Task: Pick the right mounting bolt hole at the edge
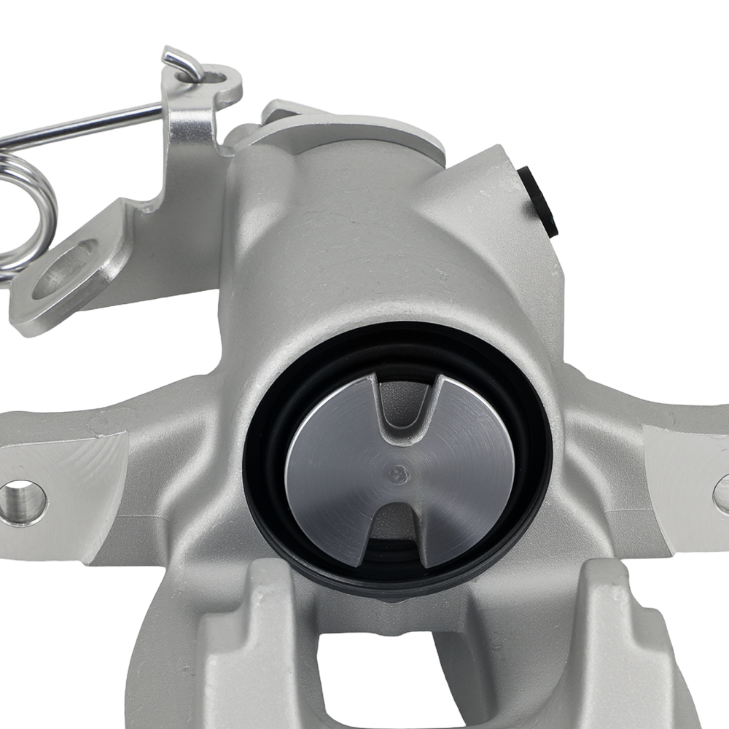[722, 494]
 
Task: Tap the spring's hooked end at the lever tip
[182, 62]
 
